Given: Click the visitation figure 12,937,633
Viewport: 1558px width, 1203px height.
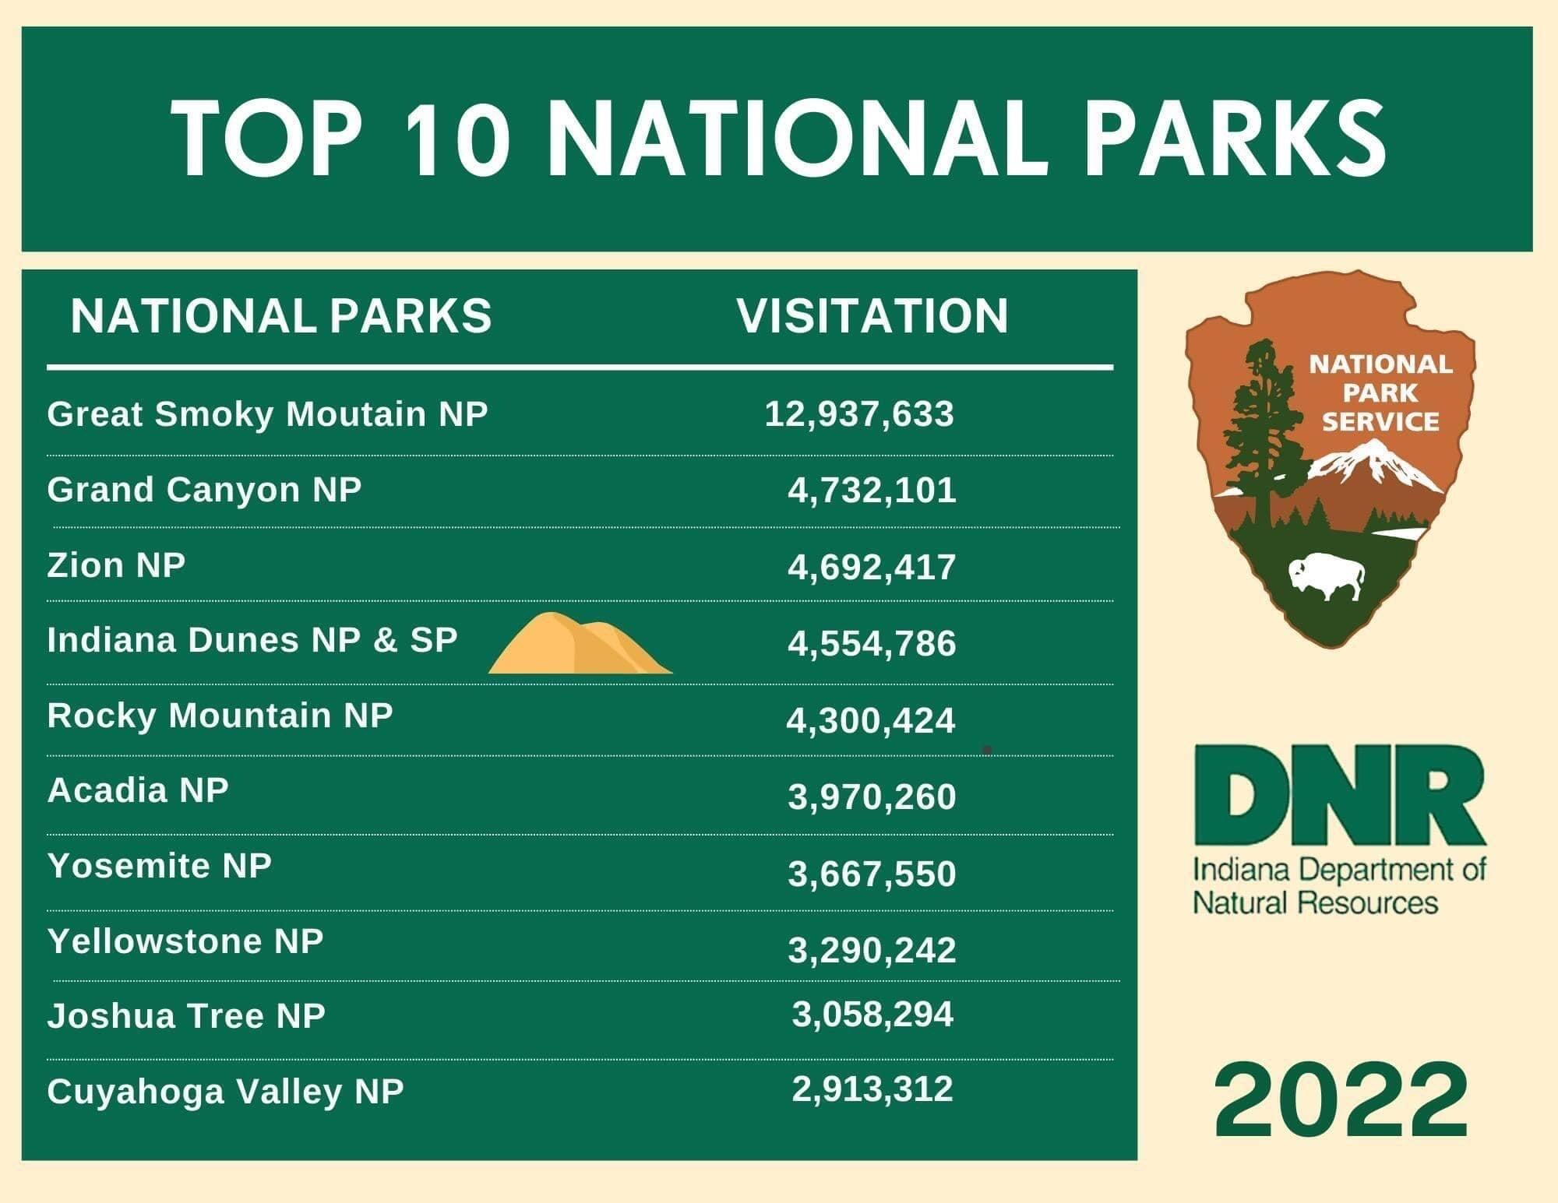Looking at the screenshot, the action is [859, 414].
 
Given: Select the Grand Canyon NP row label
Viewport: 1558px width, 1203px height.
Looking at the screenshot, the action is [204, 491].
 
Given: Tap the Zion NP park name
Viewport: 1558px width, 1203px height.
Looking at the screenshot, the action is [116, 565].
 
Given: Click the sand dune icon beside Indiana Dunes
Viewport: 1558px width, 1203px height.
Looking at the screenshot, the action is [580, 642].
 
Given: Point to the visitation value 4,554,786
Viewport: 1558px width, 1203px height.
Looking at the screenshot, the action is [872, 644].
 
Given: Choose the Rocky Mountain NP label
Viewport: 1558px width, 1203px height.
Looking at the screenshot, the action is [220, 716].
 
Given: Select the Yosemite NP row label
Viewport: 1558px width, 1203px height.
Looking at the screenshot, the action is [159, 865].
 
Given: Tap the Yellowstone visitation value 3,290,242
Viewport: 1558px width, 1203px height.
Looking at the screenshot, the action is [872, 951].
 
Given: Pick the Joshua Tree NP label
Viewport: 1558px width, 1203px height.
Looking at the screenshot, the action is [186, 1016].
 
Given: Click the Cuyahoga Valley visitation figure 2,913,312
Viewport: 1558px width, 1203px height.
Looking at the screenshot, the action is [872, 1089].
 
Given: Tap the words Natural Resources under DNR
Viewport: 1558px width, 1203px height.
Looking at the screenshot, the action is [1316, 903].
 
